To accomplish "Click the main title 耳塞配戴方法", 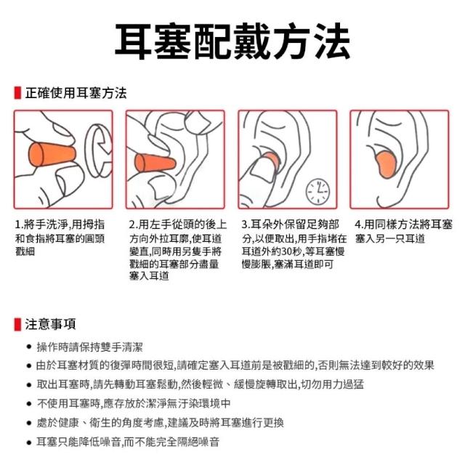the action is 232,41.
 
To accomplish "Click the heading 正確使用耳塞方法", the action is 76,93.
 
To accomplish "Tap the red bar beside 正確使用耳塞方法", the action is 17,93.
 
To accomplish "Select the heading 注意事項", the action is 50,324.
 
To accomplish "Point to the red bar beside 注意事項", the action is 17,324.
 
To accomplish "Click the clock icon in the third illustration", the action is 318,192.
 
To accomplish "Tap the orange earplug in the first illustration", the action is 52,155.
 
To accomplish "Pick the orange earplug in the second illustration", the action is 155,163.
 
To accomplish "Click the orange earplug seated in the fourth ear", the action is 386,165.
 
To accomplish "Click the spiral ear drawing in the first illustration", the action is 99,150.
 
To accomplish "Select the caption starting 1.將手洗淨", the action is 60,238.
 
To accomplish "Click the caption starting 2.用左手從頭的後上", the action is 177,250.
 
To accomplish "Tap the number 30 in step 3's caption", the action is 287,252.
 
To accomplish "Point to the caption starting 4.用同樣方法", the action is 403,231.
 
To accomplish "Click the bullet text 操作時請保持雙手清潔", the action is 89,347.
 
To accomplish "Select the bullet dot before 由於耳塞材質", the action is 29,365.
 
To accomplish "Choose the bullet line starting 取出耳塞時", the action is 201,384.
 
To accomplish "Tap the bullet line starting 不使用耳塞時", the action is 134,404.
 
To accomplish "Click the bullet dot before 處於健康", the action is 29,423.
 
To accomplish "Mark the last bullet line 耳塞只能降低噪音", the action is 128,442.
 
